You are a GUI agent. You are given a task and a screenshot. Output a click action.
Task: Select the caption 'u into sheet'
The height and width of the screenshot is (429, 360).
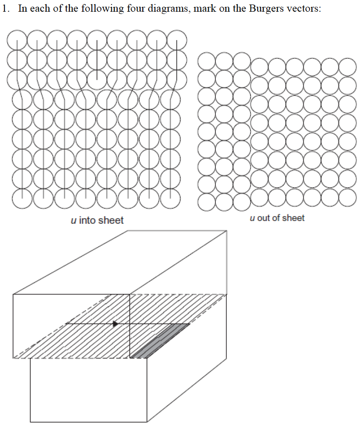tap(97, 220)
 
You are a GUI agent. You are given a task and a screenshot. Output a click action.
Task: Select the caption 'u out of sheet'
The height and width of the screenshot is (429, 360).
tap(277, 218)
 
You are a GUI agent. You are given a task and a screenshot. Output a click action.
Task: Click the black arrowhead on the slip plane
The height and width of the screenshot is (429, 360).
tap(116, 324)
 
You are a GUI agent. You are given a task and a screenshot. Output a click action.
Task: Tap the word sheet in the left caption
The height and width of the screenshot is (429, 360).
tap(112, 220)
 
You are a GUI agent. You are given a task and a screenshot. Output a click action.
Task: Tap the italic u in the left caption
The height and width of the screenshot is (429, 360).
tap(73, 220)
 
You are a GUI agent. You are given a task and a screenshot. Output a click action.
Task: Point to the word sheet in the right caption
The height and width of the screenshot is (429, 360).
tap(294, 218)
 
